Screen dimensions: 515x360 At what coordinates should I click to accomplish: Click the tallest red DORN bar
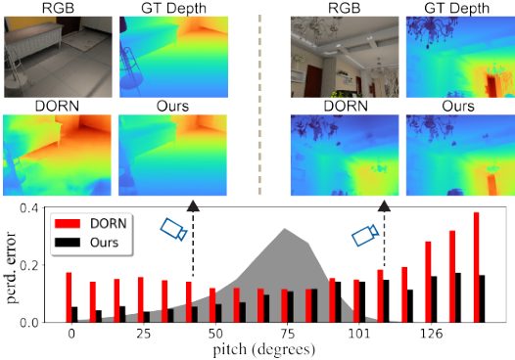[476, 267]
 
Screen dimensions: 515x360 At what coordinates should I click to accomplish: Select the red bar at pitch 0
[69, 297]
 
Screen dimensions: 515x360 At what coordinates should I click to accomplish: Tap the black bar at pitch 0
[74, 314]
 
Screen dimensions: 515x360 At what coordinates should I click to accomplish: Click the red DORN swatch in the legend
[68, 223]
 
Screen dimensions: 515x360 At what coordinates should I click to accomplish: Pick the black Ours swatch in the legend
[68, 243]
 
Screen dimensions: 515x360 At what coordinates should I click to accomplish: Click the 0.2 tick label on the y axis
[29, 265]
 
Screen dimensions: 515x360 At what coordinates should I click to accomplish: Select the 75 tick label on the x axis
[288, 334]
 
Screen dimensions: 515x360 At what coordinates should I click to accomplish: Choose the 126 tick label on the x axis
[431, 334]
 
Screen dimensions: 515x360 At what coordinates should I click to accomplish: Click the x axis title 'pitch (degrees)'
[264, 350]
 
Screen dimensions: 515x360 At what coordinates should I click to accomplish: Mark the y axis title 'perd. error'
[12, 267]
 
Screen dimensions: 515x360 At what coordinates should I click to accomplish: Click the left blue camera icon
[173, 229]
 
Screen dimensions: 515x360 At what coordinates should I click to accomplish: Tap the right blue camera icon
[365, 235]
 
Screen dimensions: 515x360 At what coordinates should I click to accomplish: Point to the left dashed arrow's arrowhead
[193, 206]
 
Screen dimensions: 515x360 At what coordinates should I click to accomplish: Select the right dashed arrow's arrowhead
[384, 206]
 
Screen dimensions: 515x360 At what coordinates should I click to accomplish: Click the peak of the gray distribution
[285, 228]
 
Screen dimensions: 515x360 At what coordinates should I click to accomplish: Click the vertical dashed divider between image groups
[260, 105]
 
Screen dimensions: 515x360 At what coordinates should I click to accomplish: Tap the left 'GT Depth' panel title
[173, 8]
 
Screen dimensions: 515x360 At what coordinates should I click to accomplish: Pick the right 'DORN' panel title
[346, 106]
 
